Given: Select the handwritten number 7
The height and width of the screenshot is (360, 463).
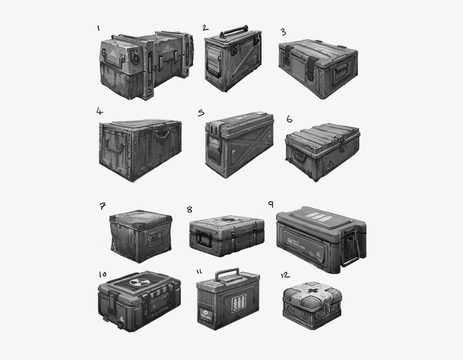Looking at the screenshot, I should pos(102,206).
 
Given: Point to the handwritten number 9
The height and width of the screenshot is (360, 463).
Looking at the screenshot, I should pos(271,203).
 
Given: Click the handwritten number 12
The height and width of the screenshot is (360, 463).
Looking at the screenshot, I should pos(285,275).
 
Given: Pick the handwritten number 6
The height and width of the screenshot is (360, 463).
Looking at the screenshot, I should pos(289,119).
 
